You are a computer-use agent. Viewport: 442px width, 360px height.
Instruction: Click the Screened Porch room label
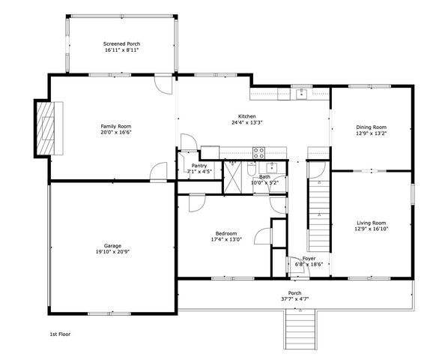[121, 44]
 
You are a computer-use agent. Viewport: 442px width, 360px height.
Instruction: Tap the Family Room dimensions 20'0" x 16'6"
[116, 132]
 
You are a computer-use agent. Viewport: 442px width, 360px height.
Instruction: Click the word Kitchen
[247, 116]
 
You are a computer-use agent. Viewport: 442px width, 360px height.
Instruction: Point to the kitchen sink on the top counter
[301, 93]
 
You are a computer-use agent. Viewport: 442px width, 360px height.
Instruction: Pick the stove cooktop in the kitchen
[259, 151]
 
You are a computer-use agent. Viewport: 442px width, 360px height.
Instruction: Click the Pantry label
[199, 165]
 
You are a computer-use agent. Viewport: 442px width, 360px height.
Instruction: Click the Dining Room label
[371, 127]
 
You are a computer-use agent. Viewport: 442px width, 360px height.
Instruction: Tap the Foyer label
[309, 258]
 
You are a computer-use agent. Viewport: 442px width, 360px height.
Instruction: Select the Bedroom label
[222, 234]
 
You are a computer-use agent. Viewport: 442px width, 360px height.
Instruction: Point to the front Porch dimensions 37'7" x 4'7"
[295, 298]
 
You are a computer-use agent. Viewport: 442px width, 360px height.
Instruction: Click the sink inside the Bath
[273, 166]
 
